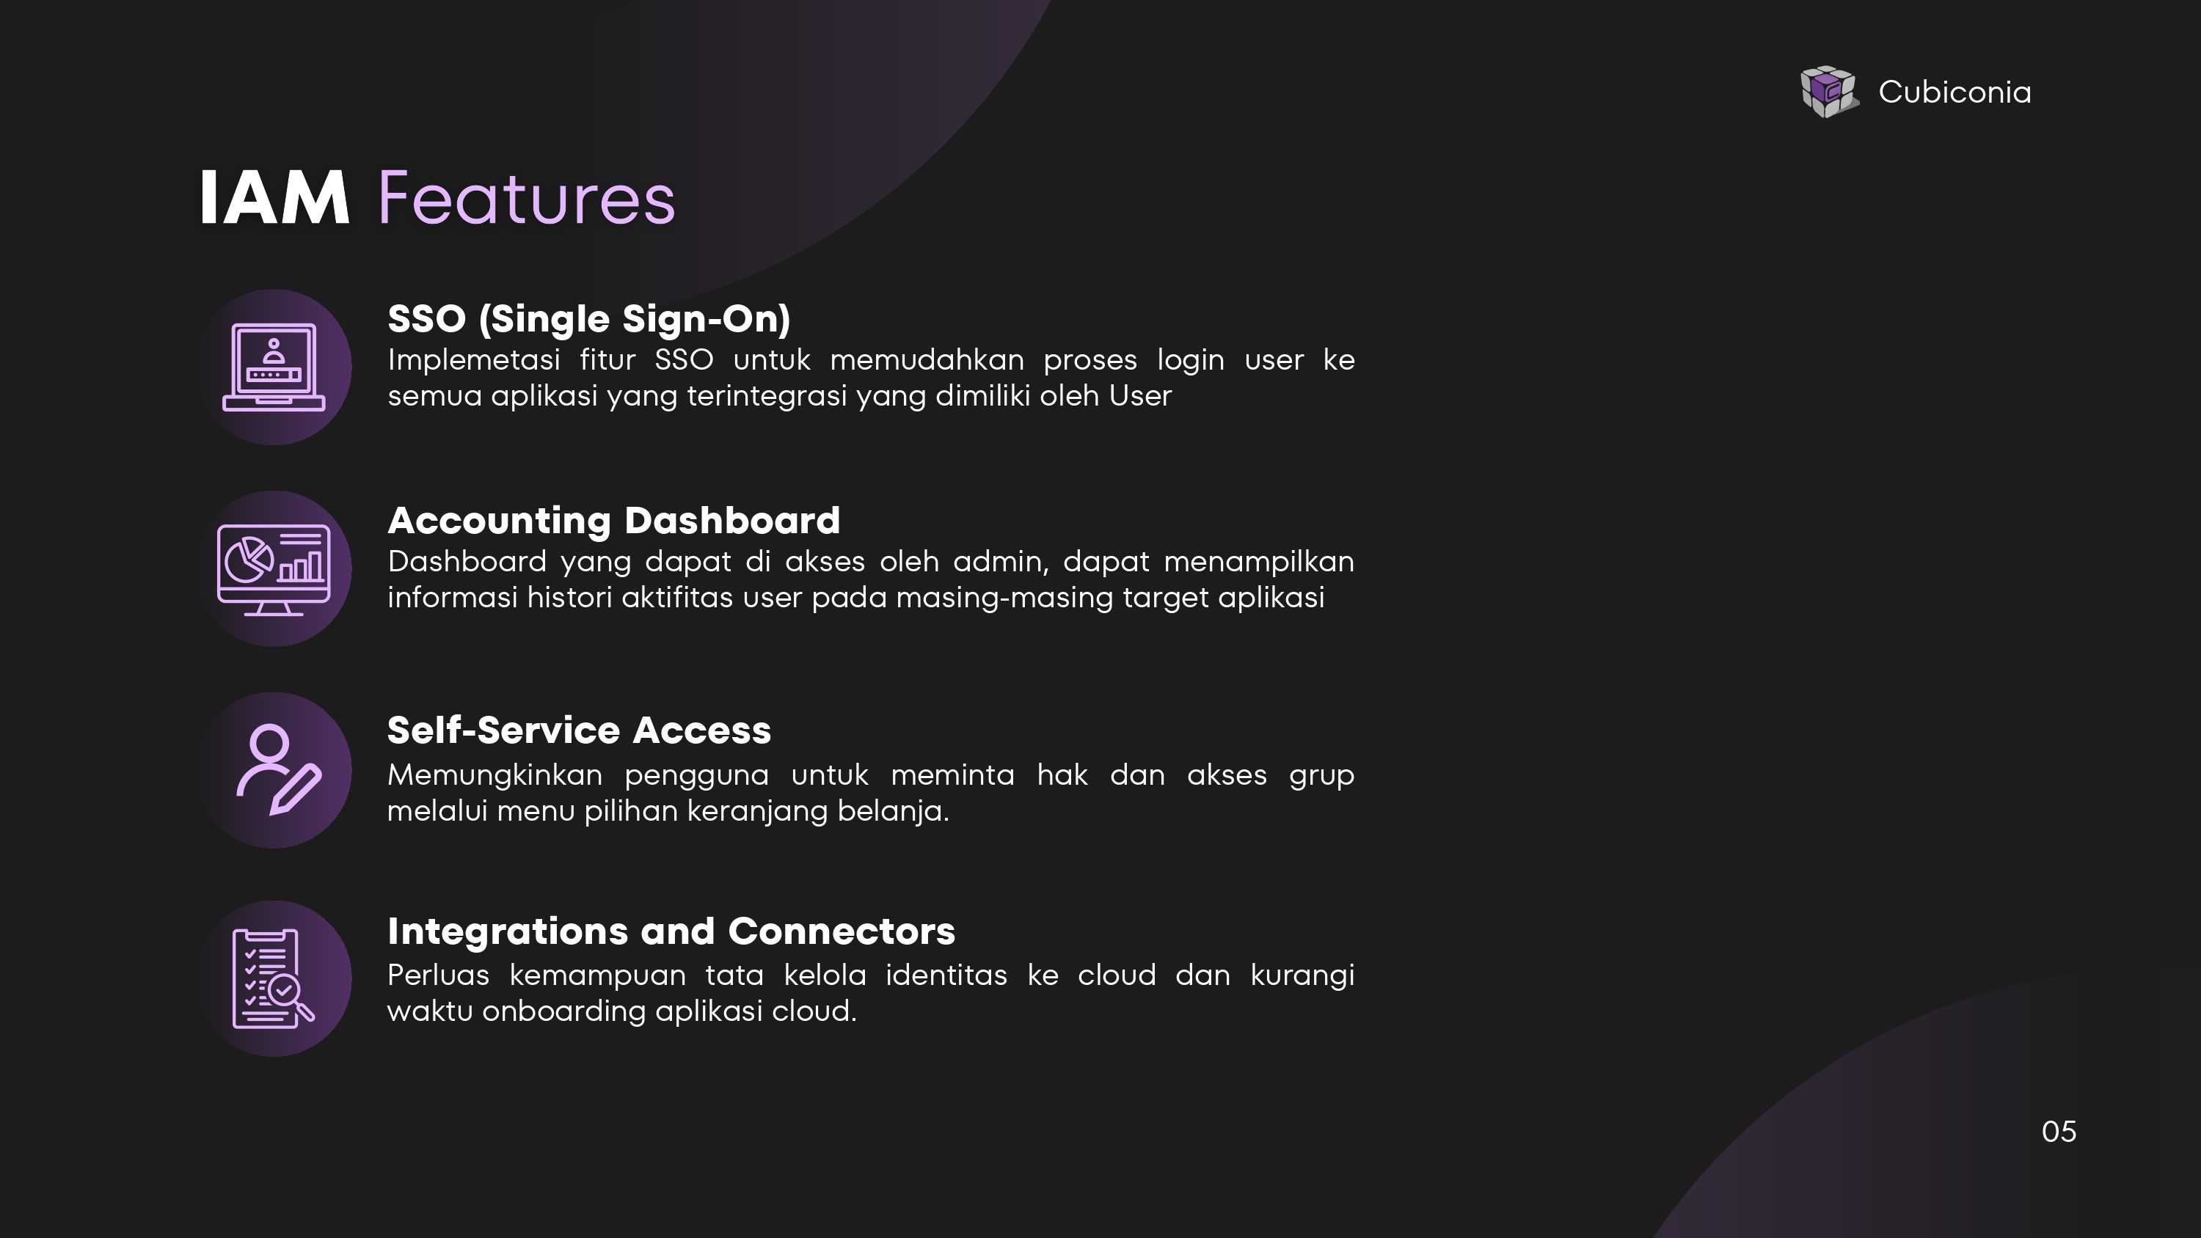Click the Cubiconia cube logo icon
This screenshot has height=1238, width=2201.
[1829, 92]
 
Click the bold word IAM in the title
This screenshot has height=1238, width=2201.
[274, 198]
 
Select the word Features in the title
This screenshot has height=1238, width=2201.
[526, 198]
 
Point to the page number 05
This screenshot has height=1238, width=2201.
[2059, 1131]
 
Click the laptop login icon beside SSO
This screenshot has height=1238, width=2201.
[274, 367]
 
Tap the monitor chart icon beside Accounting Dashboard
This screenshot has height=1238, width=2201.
[274, 569]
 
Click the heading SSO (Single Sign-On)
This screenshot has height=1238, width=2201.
[588, 319]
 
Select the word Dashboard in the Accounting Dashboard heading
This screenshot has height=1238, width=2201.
[732, 520]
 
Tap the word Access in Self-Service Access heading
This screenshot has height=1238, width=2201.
[701, 730]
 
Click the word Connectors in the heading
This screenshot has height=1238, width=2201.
[842, 931]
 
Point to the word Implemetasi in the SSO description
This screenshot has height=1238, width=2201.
[474, 359]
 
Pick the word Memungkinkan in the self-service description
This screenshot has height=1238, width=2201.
[494, 776]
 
